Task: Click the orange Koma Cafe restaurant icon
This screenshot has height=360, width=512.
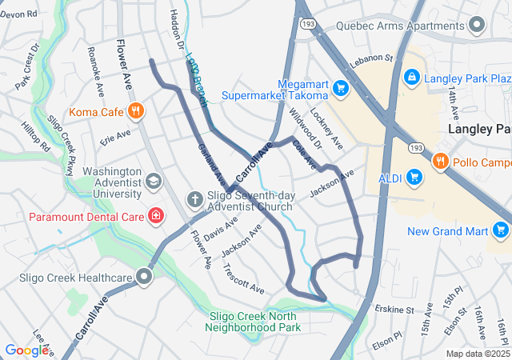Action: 136,111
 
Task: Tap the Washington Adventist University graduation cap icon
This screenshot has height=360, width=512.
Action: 153,182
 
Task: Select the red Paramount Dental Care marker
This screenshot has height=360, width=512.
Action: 157,216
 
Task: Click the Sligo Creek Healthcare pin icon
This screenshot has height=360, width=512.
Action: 145,278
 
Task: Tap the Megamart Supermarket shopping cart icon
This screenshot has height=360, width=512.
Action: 341,86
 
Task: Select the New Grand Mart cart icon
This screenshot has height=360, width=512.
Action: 501,232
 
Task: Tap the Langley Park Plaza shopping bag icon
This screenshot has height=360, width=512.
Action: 411,78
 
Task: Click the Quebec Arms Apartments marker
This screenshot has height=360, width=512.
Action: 478,25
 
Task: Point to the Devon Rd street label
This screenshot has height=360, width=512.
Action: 19,14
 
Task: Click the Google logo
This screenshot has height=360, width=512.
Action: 26,350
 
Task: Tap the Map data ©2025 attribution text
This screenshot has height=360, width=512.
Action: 477,354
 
